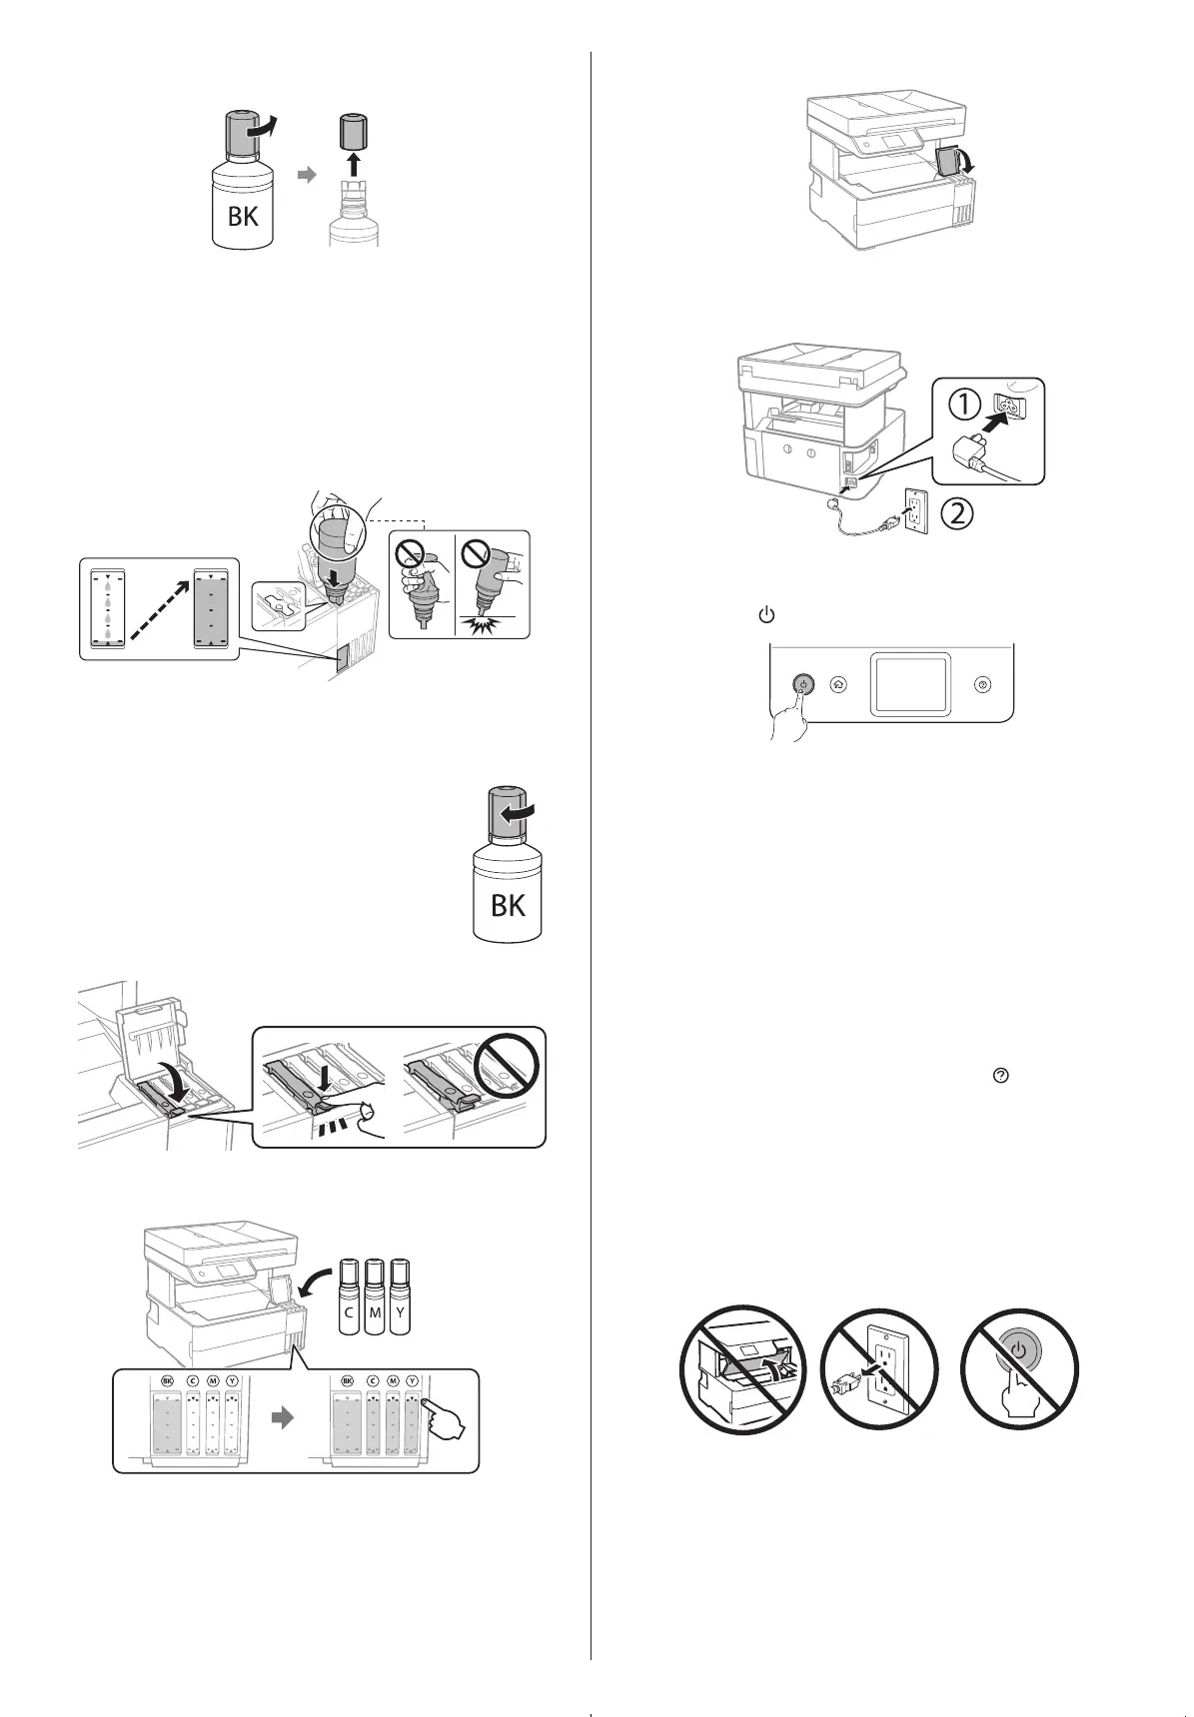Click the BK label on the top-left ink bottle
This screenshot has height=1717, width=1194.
243,214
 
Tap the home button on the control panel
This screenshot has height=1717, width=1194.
838,685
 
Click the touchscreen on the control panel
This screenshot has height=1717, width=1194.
908,684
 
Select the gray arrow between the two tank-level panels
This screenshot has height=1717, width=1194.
285,1418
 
